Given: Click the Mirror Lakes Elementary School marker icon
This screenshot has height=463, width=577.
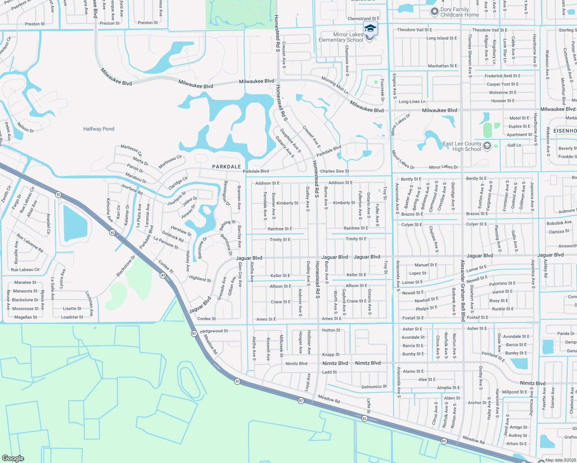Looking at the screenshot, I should coord(370,29).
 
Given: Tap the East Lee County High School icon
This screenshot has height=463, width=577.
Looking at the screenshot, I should coord(487,146).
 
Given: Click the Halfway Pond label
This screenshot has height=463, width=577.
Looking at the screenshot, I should coord(99,129).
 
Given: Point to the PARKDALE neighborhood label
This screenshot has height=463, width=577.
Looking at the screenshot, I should coord(226,167).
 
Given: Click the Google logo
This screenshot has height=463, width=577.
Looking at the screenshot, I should coord(13,458).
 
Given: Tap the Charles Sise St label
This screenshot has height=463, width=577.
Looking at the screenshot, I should coord(334,171).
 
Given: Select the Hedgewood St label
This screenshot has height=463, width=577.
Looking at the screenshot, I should coord(214,331).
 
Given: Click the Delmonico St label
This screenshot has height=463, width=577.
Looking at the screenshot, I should coord(374,387).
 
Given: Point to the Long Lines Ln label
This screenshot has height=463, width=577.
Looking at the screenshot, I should coord(412,101).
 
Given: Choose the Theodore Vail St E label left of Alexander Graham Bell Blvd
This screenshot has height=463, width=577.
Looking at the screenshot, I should coord(414,30).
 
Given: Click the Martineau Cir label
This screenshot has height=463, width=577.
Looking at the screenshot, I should coord(170,162).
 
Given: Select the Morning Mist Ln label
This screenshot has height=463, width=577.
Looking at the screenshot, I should coord(334,85).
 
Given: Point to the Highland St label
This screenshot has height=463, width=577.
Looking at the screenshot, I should coord(200,279).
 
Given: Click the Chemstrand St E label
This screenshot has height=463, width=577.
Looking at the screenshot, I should coord(363,19).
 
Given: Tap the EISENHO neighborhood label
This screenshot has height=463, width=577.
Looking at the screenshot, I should coord(565,131).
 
